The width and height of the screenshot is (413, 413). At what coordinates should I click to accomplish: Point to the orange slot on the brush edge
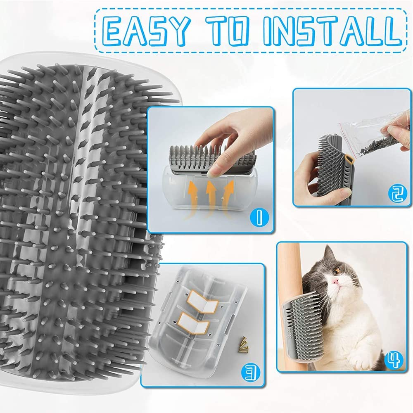(349, 159)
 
